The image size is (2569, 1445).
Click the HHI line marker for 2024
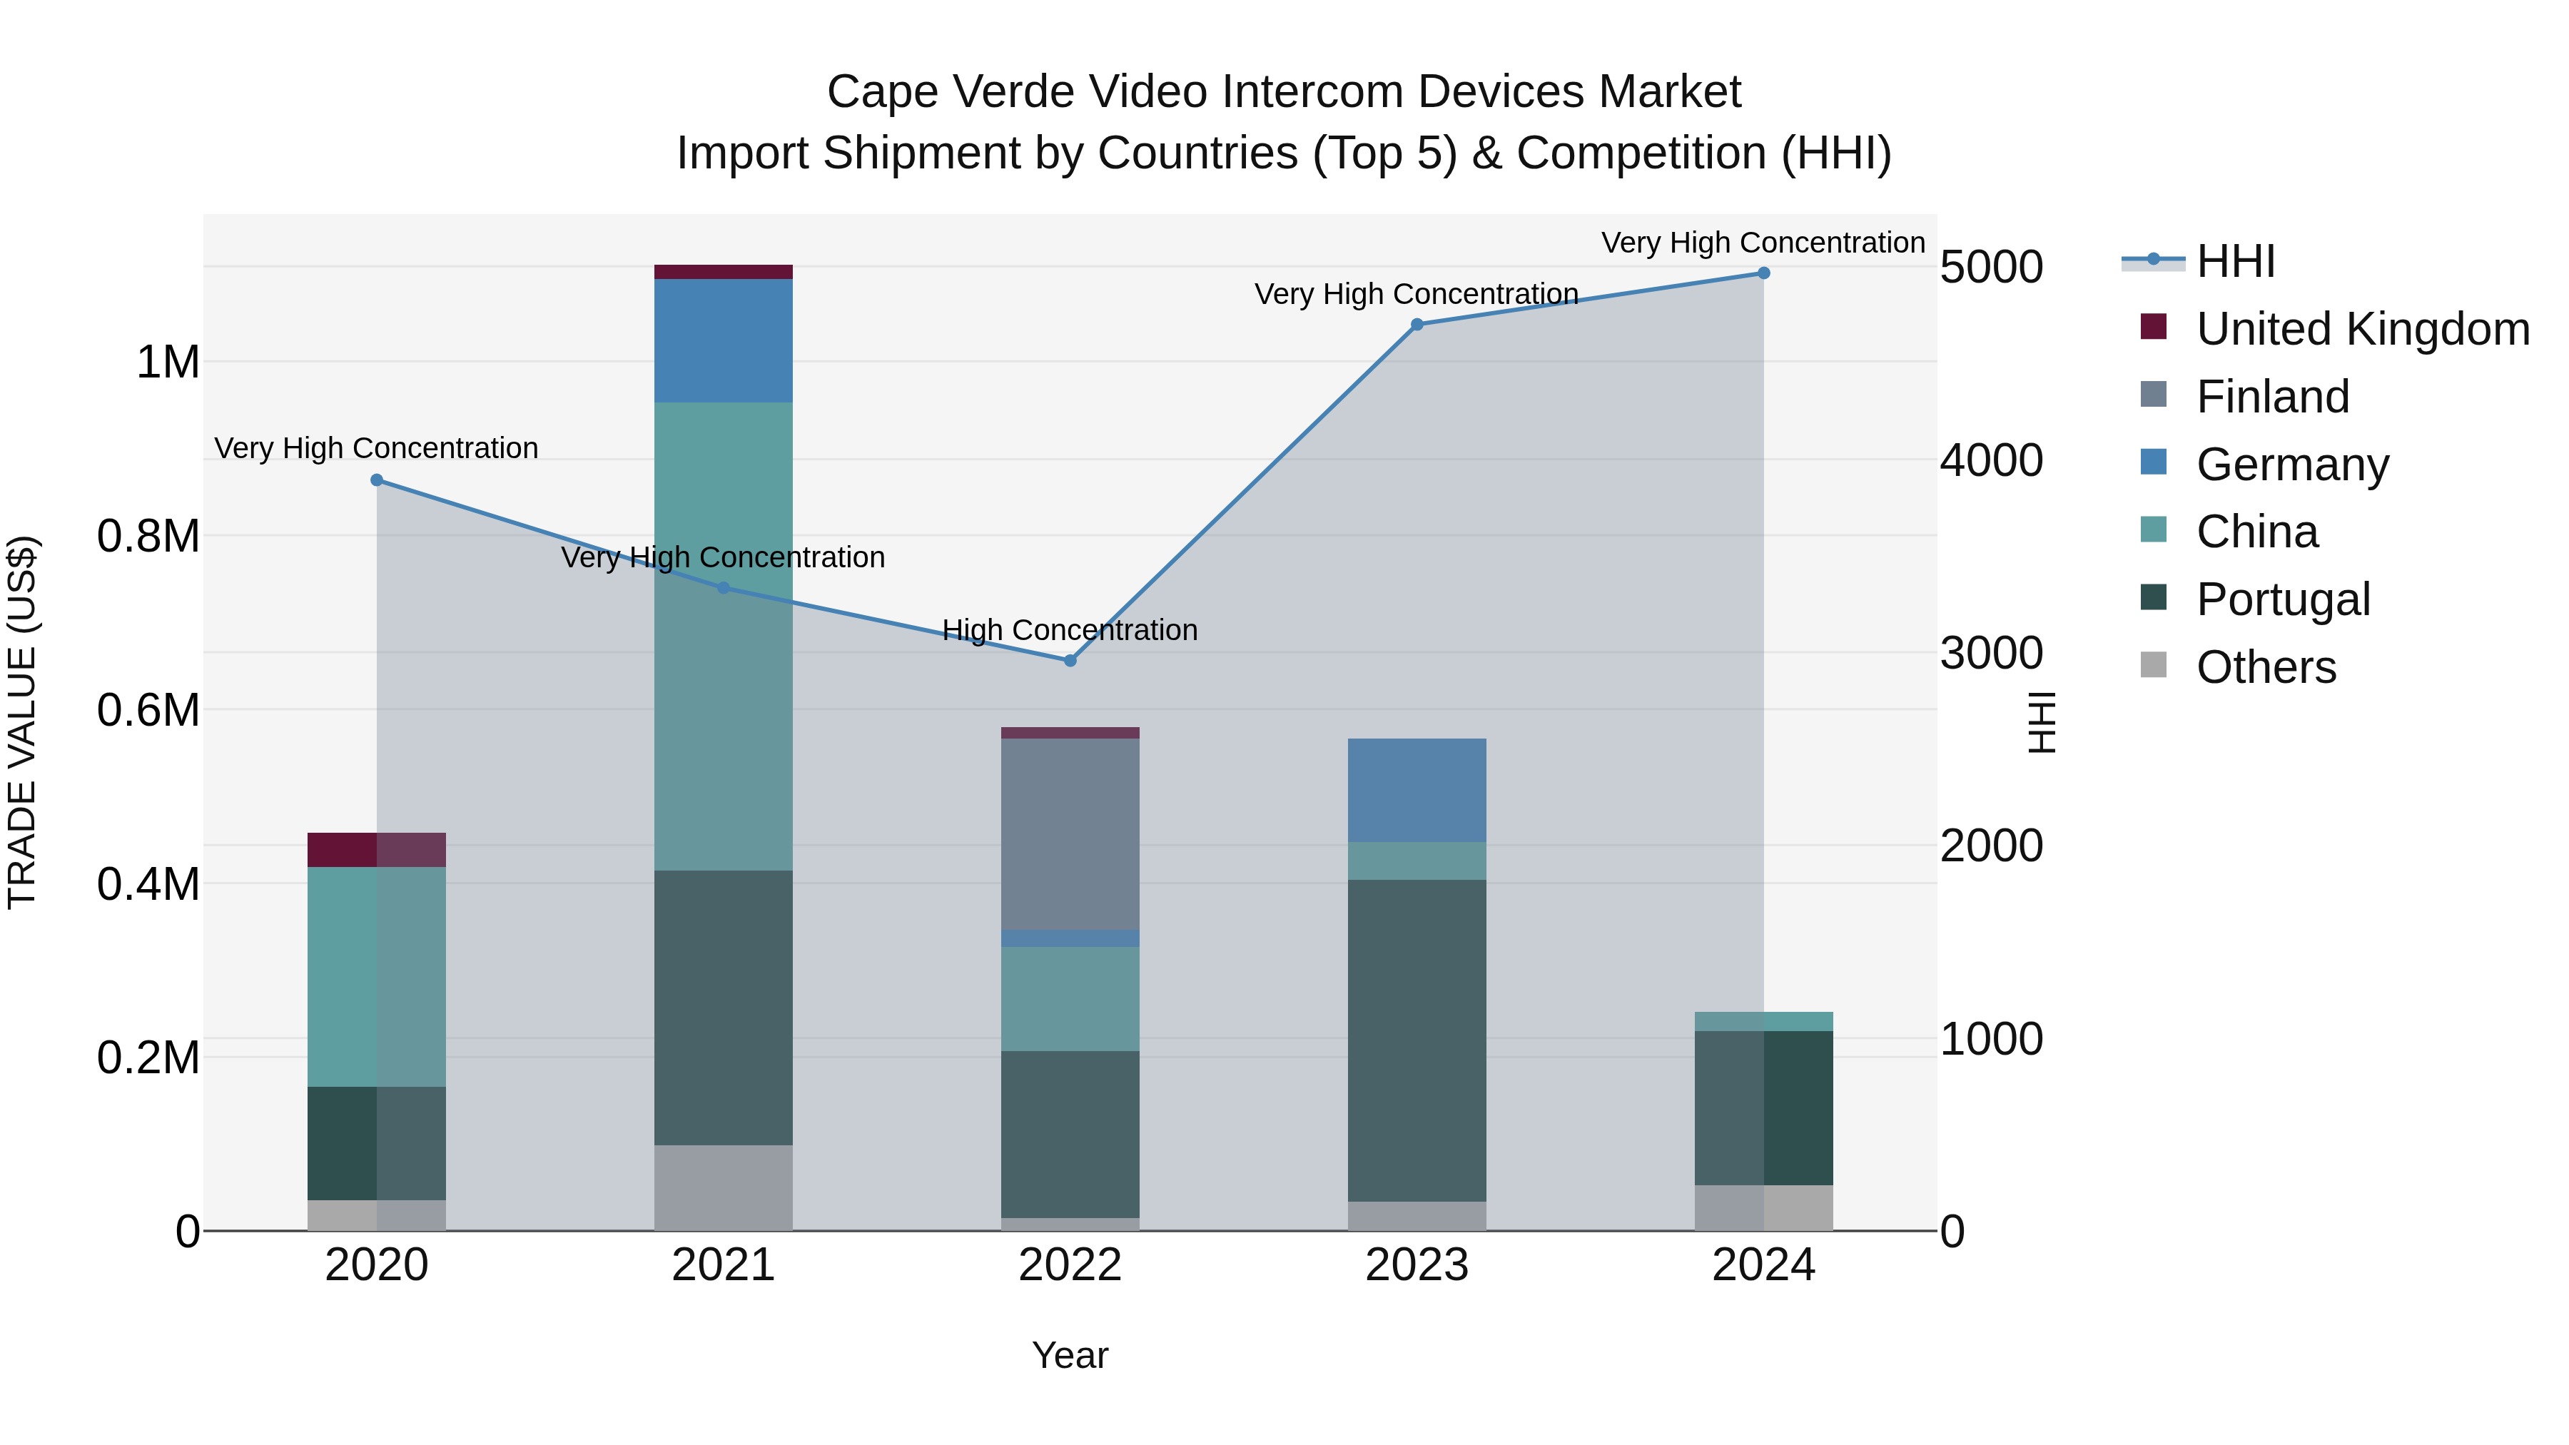coord(1763,273)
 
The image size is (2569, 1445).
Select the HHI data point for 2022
coord(1070,660)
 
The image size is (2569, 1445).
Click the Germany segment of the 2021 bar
coord(723,341)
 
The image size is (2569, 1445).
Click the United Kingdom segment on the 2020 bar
coord(376,850)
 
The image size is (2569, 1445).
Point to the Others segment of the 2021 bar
coord(723,1187)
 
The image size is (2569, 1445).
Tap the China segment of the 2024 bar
coord(1763,1021)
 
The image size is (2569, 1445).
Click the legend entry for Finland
coord(2272,397)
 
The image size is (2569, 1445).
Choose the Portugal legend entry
coord(2282,599)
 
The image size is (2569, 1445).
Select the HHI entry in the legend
coord(2235,261)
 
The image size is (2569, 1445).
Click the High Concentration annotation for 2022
coord(1070,630)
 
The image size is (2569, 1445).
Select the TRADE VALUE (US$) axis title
coord(23,722)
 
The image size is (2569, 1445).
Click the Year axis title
coord(1070,1355)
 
